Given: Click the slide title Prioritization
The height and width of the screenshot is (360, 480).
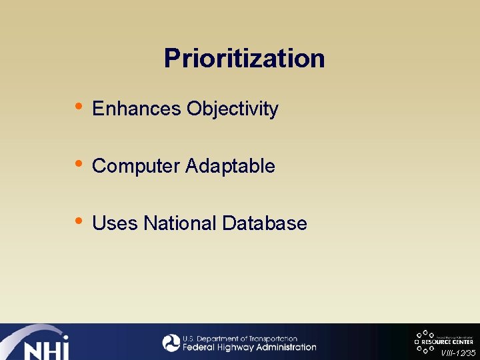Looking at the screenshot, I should (244, 59).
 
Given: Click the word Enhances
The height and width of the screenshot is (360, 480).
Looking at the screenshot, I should (137, 109).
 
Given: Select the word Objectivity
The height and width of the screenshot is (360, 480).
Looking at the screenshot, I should (233, 109).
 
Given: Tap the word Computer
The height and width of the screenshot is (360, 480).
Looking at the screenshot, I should (136, 166).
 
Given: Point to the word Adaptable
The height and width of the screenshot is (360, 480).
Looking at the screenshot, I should (231, 166).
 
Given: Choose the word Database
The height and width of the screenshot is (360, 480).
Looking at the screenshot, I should (265, 223).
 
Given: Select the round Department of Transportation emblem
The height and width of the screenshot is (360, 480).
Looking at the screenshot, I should (171, 343).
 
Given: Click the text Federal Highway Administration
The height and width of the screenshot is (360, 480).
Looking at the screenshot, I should (249, 347).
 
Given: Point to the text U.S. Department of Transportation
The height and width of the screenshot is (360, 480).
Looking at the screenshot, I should (239, 339).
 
